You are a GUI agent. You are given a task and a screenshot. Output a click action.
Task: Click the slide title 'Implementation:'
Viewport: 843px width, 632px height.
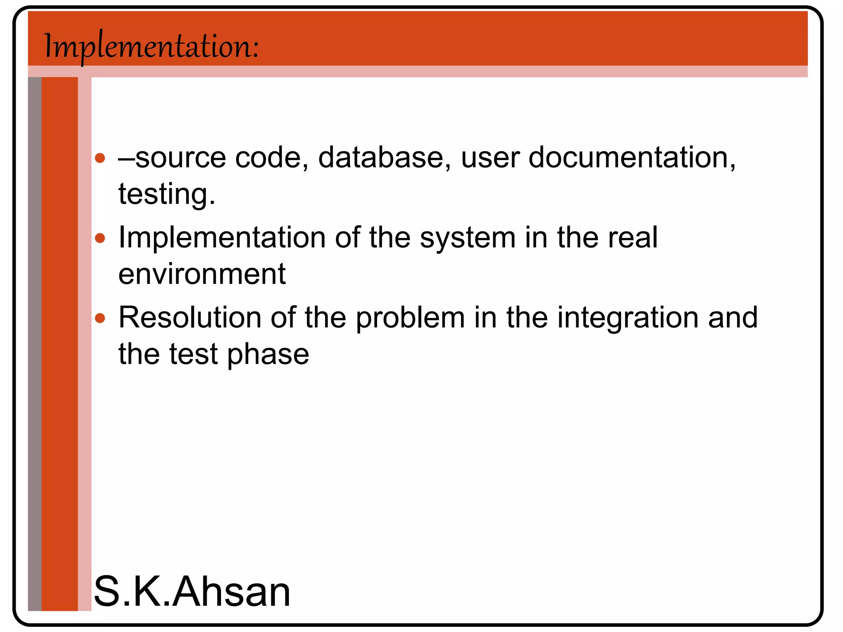pyautogui.click(x=151, y=46)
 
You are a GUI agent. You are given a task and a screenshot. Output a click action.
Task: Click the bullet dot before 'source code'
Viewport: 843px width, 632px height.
pyautogui.click(x=100, y=158)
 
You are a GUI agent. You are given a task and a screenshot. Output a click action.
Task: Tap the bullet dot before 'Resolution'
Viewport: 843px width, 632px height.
pyautogui.click(x=100, y=318)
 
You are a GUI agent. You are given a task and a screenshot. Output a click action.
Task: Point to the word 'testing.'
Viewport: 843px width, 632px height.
pyautogui.click(x=167, y=194)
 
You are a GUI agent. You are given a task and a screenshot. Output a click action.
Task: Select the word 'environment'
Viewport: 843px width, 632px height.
pyautogui.click(x=202, y=274)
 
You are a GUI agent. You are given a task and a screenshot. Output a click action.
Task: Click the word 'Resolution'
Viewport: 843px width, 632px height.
pyautogui.click(x=190, y=318)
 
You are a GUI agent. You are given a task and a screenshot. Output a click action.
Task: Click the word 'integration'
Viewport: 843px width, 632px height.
pyautogui.click(x=628, y=318)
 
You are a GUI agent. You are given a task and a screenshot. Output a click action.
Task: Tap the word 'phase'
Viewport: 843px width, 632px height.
pyautogui.click(x=268, y=355)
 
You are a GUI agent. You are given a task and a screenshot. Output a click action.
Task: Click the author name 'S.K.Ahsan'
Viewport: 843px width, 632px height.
pyautogui.click(x=192, y=592)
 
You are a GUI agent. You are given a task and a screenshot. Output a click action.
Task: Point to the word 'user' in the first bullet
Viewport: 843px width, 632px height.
pyautogui.click(x=490, y=158)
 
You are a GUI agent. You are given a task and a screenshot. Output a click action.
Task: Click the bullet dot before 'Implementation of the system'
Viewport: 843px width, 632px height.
pyautogui.click(x=100, y=238)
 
